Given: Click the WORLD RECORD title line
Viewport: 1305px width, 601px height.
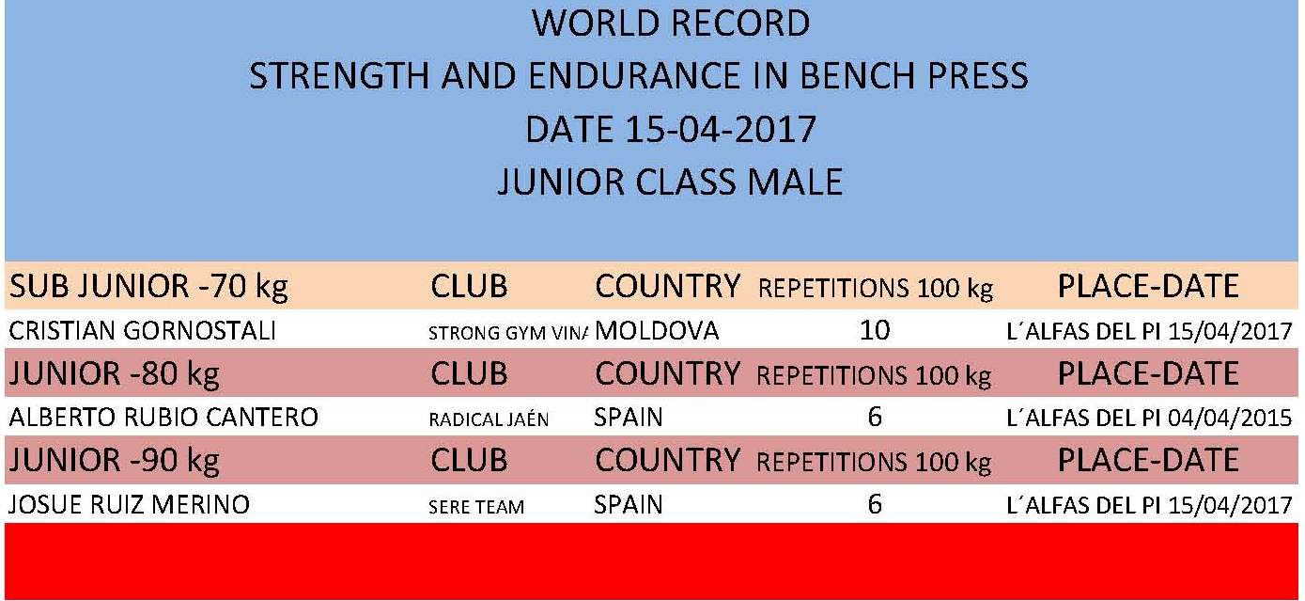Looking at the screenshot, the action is pyautogui.click(x=671, y=24).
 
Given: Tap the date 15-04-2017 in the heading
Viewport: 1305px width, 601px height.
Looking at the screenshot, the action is pyautogui.click(x=720, y=129).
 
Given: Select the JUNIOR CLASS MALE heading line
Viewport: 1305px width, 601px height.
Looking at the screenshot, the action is pyautogui.click(x=670, y=182).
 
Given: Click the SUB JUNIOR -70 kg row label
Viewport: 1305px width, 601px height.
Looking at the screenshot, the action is pyautogui.click(x=148, y=287).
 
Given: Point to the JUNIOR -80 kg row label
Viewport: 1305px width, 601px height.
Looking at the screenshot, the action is pyautogui.click(x=115, y=374).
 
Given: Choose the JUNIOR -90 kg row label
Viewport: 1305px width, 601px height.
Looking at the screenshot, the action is pyautogui.click(x=115, y=460).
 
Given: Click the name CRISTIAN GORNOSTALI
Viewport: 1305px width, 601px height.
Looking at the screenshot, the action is pyautogui.click(x=142, y=331).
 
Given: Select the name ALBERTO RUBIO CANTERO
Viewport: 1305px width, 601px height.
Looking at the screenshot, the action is pyautogui.click(x=163, y=418).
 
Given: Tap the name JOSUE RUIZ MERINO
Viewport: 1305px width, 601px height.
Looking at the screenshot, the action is pyautogui.click(x=130, y=504).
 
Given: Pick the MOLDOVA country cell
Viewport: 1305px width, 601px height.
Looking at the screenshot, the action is pyautogui.click(x=657, y=331).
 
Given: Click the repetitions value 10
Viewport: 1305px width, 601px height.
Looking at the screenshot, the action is pyautogui.click(x=875, y=330).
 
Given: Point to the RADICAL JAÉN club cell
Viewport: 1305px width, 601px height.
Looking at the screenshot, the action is pyautogui.click(x=489, y=419).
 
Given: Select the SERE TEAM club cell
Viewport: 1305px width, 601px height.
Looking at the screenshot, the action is pyautogui.click(x=476, y=506).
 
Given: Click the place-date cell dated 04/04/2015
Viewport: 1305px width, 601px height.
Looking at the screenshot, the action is pyautogui.click(x=1149, y=418).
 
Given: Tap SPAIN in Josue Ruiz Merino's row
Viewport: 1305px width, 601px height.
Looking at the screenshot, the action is pyautogui.click(x=628, y=504).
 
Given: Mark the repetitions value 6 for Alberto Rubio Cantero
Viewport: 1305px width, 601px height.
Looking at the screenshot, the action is pyautogui.click(x=875, y=417).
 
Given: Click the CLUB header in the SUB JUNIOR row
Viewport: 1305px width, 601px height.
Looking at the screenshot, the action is pyautogui.click(x=469, y=287).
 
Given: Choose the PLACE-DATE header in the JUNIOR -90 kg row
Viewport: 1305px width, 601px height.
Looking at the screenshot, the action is pyautogui.click(x=1148, y=460).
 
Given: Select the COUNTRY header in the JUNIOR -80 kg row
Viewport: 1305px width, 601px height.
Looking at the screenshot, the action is pyautogui.click(x=668, y=373).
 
